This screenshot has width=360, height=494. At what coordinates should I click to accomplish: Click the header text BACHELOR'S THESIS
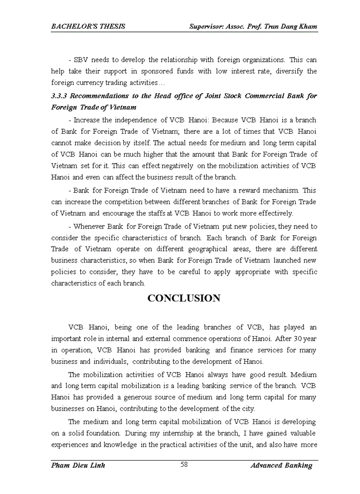[x=88, y=26]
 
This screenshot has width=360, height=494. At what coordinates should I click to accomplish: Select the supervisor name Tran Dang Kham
[x=290, y=26]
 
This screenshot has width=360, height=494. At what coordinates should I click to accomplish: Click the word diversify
[x=286, y=71]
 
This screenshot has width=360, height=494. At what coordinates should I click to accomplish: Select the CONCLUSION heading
[x=184, y=298]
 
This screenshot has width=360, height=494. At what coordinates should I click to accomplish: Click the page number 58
[x=184, y=465]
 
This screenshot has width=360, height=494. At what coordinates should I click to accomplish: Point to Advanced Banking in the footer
[x=281, y=465]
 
